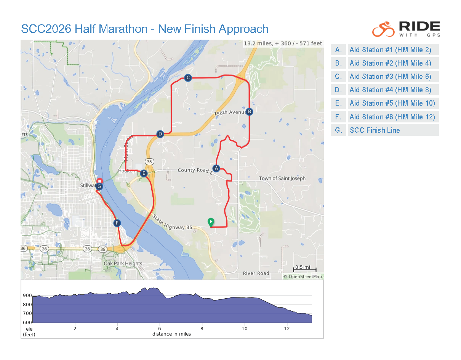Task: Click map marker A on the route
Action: point(216,168)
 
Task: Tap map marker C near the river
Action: point(187,78)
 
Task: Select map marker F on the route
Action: point(117,223)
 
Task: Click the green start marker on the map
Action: point(211,222)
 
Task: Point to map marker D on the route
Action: point(160,134)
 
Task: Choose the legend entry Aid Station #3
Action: point(390,77)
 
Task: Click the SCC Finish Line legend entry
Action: point(375,130)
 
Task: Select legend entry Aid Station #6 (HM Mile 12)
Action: point(392,117)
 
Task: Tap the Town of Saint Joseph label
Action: point(282,178)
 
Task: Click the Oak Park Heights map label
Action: point(123,264)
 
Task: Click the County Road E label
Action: point(194,170)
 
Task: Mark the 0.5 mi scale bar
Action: point(304,270)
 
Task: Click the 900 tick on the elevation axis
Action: point(27,296)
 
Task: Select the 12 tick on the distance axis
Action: point(287,328)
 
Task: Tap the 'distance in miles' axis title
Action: point(171,334)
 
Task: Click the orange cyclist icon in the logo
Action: point(383,29)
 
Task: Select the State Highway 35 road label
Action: point(172,222)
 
